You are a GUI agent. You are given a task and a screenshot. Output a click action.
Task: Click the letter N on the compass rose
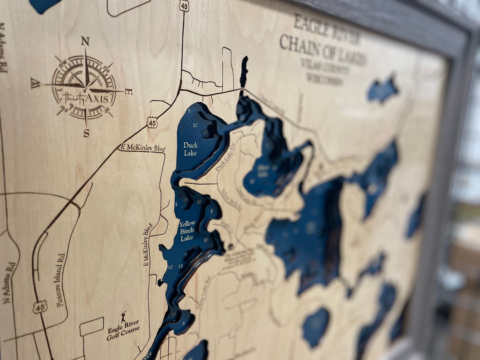click(85, 41)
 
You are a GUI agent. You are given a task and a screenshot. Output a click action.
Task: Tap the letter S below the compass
click(86, 133)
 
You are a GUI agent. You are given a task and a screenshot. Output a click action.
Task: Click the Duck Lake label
click(190, 149)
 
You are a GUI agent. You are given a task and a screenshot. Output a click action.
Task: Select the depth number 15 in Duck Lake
click(205, 132)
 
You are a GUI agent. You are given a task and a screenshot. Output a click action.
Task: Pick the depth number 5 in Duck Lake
click(189, 111)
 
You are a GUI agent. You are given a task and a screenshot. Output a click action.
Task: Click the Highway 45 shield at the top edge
click(184, 5)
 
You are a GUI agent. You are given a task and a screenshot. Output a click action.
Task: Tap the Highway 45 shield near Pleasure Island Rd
click(40, 307)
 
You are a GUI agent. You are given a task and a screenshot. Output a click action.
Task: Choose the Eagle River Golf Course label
click(123, 330)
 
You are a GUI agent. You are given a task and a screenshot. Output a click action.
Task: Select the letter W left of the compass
click(35, 83)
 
